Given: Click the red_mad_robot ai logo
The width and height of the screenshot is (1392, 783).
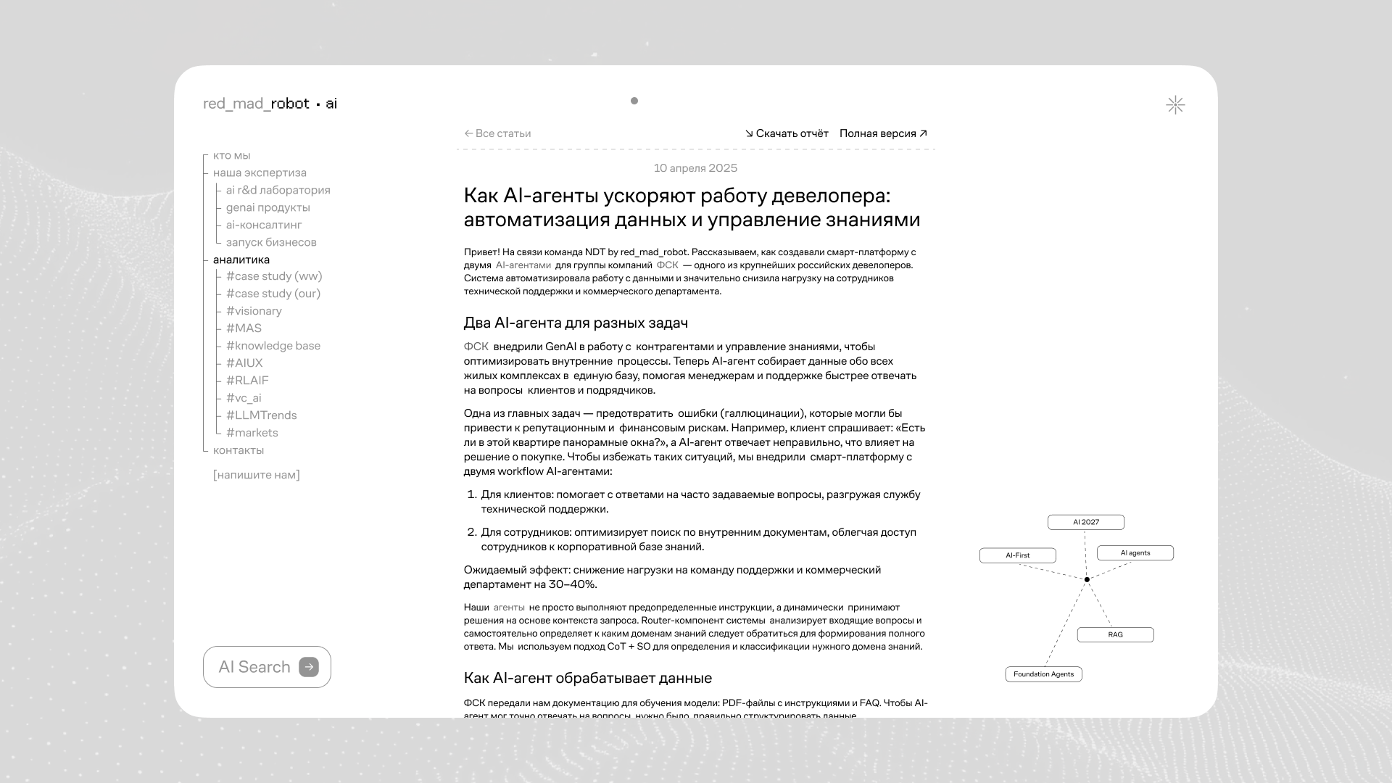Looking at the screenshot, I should pos(270,104).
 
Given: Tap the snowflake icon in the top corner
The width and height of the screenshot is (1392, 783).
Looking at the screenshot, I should pos(1175,105).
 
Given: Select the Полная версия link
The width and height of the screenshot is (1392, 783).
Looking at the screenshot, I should pos(883,133).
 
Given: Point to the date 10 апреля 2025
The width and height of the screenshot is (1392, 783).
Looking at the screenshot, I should pos(695,168).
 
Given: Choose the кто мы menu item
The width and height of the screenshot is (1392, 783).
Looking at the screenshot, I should pos(231,155).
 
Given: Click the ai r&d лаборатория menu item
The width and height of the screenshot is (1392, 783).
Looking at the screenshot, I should pos(278,190).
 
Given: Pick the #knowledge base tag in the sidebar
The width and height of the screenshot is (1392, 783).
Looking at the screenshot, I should pos(273,346).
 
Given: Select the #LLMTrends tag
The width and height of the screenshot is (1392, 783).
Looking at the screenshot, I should pos(261,415).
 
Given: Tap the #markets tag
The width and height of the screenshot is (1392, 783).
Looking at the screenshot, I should pos(252,433).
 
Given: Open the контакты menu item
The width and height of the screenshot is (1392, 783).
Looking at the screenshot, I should pos(239,450).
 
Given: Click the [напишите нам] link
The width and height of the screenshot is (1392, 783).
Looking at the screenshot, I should pos(257,475).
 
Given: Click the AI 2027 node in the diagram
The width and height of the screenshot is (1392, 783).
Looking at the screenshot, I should pos(1086,522).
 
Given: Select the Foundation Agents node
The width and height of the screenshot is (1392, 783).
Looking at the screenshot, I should pos(1043,674).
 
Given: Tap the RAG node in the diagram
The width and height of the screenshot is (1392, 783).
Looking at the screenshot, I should pos(1115,635).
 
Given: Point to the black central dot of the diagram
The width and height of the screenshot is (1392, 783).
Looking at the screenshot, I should pos(1087,579).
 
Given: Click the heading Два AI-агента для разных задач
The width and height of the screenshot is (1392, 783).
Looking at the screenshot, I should pos(576,323).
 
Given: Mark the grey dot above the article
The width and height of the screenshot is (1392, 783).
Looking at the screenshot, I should pos(634,101).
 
